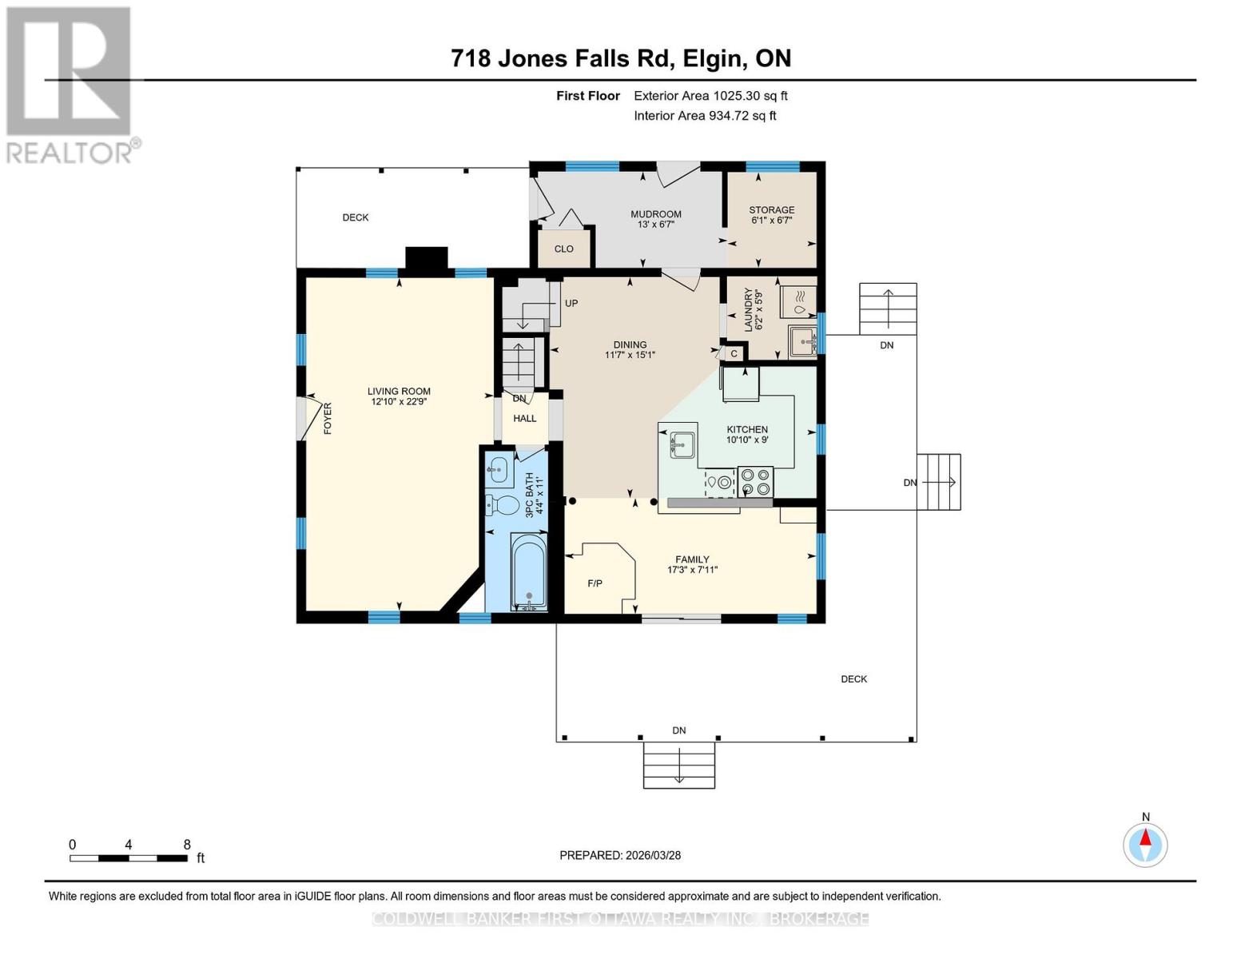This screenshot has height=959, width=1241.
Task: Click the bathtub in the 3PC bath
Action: click(x=529, y=571)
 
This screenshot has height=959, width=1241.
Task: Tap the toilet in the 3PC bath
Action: click(x=502, y=504)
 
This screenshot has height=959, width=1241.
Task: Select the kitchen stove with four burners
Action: click(x=756, y=482)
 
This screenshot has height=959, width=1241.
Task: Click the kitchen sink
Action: click(x=682, y=445)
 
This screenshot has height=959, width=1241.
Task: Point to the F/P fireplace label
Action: click(x=595, y=583)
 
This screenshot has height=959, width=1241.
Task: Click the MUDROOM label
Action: click(x=655, y=214)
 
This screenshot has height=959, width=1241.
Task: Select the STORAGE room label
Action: click(x=772, y=210)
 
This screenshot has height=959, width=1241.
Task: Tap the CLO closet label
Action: click(x=563, y=249)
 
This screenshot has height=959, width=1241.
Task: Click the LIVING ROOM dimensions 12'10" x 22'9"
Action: click(x=400, y=401)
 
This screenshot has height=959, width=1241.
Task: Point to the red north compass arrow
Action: click(x=1145, y=838)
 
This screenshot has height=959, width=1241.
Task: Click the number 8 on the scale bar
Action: click(x=187, y=844)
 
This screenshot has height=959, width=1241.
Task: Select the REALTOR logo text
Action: click(x=70, y=153)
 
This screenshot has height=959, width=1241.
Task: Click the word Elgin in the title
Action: click(x=710, y=58)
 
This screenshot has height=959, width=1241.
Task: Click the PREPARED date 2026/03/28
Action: click(x=654, y=855)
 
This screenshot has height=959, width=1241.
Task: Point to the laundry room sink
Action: click(x=803, y=341)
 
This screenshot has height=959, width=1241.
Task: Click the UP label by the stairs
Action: click(x=571, y=304)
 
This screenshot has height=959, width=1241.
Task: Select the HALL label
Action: click(x=524, y=419)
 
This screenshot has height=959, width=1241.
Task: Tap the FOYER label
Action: click(x=328, y=418)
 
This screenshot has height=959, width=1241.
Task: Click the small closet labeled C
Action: click(x=734, y=354)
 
